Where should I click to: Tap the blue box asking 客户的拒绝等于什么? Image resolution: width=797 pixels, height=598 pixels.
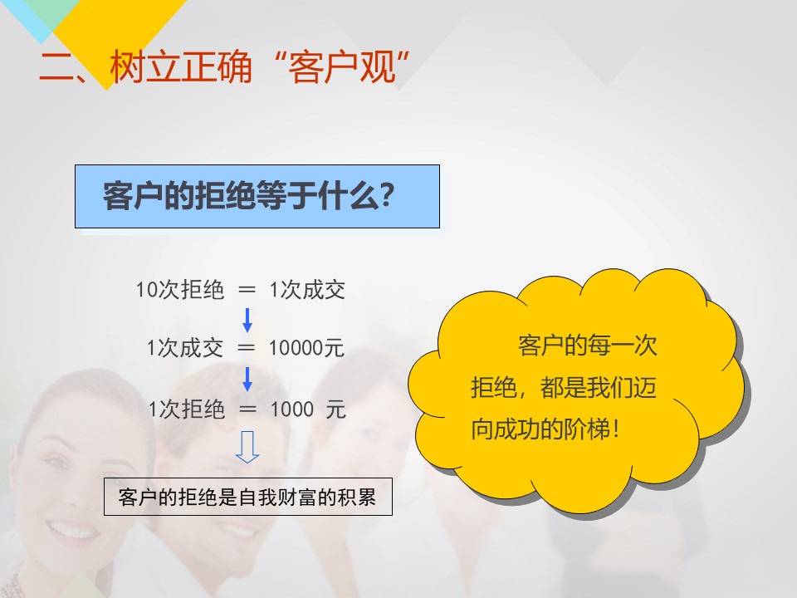point(257,196)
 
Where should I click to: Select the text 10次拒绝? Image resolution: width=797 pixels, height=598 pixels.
point(180,290)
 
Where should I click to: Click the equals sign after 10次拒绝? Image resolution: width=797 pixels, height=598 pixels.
point(247,290)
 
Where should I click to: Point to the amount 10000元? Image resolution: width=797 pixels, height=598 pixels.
point(306,348)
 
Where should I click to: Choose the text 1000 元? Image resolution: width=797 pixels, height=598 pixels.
point(308,409)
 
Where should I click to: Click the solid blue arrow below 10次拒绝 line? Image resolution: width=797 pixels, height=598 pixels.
point(247,320)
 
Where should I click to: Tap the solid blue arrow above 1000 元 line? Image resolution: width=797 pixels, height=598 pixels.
point(247,379)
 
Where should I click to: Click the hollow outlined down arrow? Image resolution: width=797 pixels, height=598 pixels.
point(247,447)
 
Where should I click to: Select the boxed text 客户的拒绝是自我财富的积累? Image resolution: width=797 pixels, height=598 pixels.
point(248,497)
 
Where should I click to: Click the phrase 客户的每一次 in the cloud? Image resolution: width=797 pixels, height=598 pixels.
point(588,346)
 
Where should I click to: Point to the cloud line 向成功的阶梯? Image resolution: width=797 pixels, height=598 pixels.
point(545,429)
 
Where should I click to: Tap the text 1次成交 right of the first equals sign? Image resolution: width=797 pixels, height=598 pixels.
point(307,290)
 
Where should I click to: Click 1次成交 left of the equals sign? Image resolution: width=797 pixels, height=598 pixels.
point(185,348)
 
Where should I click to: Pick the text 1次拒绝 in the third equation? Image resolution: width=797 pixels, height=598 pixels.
point(187,409)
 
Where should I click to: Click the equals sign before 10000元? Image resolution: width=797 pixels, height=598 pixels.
point(246,348)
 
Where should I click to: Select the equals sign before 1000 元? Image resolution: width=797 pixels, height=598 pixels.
point(247,409)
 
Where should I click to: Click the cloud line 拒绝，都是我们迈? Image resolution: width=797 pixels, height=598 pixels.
point(564,388)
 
